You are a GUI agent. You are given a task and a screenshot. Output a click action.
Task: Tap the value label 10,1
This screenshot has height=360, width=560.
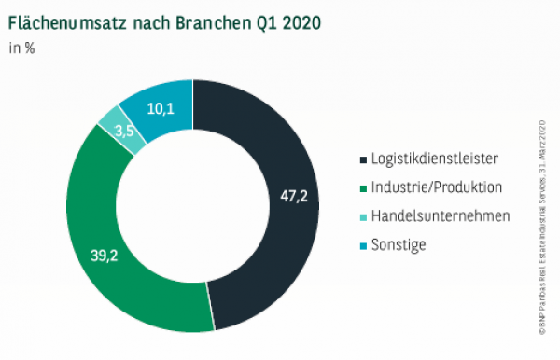pos(161,108)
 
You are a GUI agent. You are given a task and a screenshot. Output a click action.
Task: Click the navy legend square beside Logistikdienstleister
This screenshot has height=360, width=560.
pos(363,159)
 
